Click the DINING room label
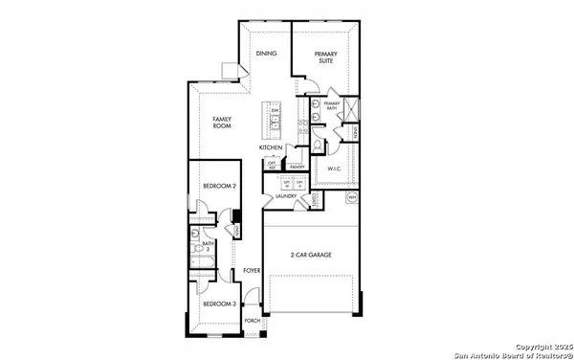pyautogui.click(x=266, y=55)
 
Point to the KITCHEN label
pyautogui.click(x=270, y=148)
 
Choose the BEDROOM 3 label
pyautogui.click(x=219, y=304)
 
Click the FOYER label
pyautogui.click(x=252, y=272)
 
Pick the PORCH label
pyautogui.click(x=253, y=321)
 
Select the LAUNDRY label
pyautogui.click(x=285, y=196)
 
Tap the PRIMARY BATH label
pyautogui.click(x=332, y=105)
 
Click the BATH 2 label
pyautogui.click(x=208, y=246)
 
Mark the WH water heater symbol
pyautogui.click(x=351, y=198)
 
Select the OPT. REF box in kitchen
pyautogui.click(x=273, y=166)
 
